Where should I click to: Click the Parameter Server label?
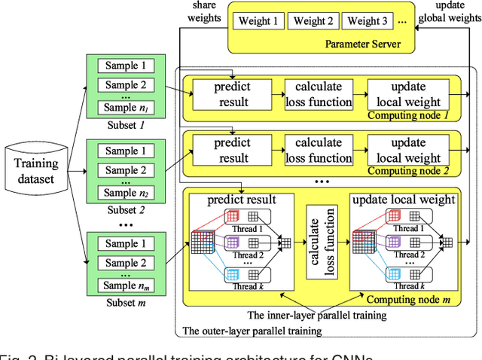361,44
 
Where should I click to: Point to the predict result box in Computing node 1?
232,95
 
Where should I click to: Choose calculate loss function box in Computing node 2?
323,150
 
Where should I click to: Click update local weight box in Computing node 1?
407,95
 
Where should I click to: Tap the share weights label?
204,11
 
